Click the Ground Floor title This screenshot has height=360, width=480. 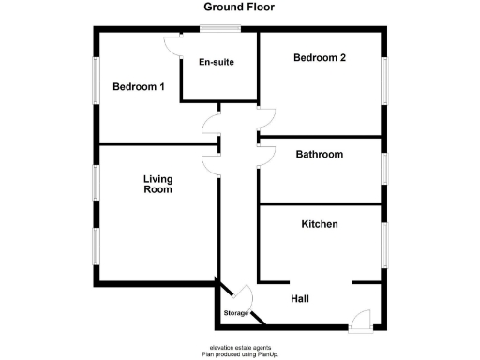click(x=240, y=7)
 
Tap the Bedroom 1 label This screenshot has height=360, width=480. click(x=139, y=87)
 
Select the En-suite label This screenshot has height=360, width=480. click(x=217, y=63)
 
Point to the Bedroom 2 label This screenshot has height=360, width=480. click(x=320, y=58)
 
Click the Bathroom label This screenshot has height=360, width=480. click(x=319, y=154)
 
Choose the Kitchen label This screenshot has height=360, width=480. click(x=319, y=224)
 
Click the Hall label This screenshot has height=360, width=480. click(x=300, y=298)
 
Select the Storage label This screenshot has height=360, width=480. click(x=235, y=312)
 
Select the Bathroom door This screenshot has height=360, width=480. click(x=265, y=152)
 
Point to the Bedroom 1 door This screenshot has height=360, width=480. click(x=210, y=125)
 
